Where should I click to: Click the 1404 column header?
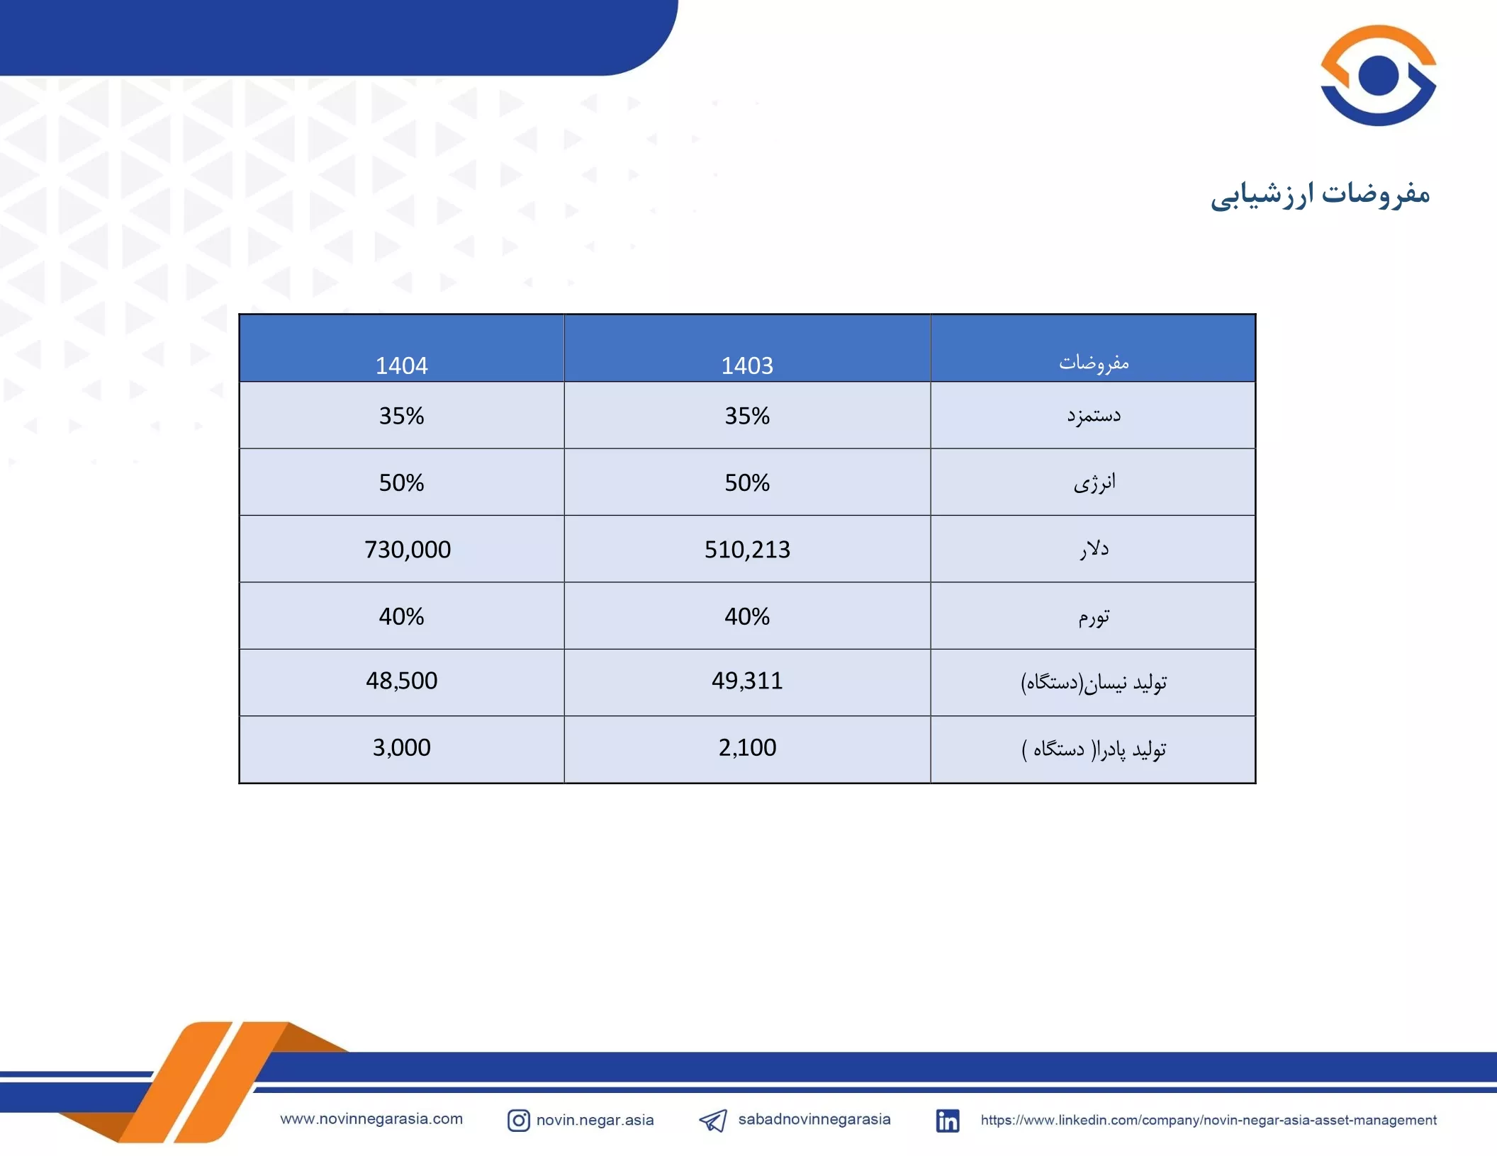(x=401, y=365)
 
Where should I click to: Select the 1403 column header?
(x=747, y=365)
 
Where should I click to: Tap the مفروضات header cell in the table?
(x=1094, y=363)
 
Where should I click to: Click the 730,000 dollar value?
(x=408, y=550)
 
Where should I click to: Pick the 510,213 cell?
(x=747, y=550)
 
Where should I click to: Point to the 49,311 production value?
(x=747, y=681)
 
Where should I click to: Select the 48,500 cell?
(x=401, y=681)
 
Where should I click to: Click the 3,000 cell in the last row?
(x=401, y=747)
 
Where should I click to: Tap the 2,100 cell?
(x=747, y=747)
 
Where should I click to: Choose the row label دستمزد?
(x=1094, y=415)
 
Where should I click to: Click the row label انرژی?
(x=1094, y=483)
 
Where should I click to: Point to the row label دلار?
(x=1094, y=549)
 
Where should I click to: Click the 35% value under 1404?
(x=401, y=416)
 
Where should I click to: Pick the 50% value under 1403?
(x=747, y=483)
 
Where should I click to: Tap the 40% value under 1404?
(x=401, y=617)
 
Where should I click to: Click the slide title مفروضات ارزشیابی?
(x=1320, y=195)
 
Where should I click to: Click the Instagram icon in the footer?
(x=518, y=1121)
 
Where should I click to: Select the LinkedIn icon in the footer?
(x=948, y=1121)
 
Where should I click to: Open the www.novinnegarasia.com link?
(x=371, y=1119)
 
